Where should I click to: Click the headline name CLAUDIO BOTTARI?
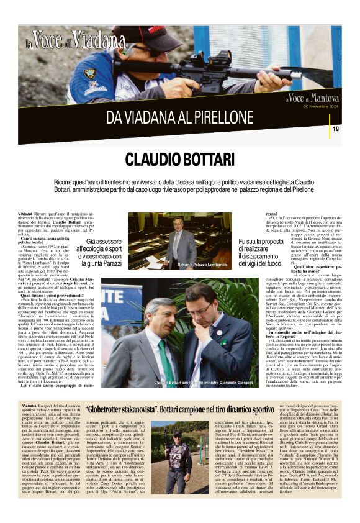click(x=179, y=159)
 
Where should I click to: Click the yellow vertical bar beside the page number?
click(x=344, y=129)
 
